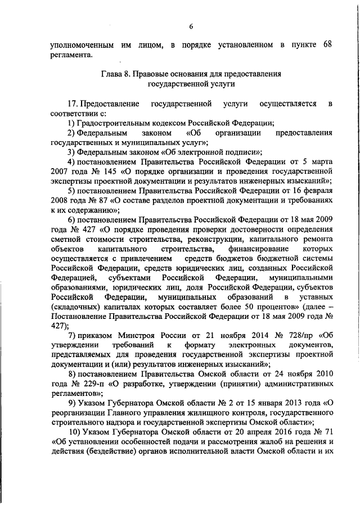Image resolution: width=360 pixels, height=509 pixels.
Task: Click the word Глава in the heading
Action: [112, 73]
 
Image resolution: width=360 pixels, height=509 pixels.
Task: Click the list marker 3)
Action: [71, 150]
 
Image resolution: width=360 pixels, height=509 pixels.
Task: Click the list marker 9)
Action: [71, 403]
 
